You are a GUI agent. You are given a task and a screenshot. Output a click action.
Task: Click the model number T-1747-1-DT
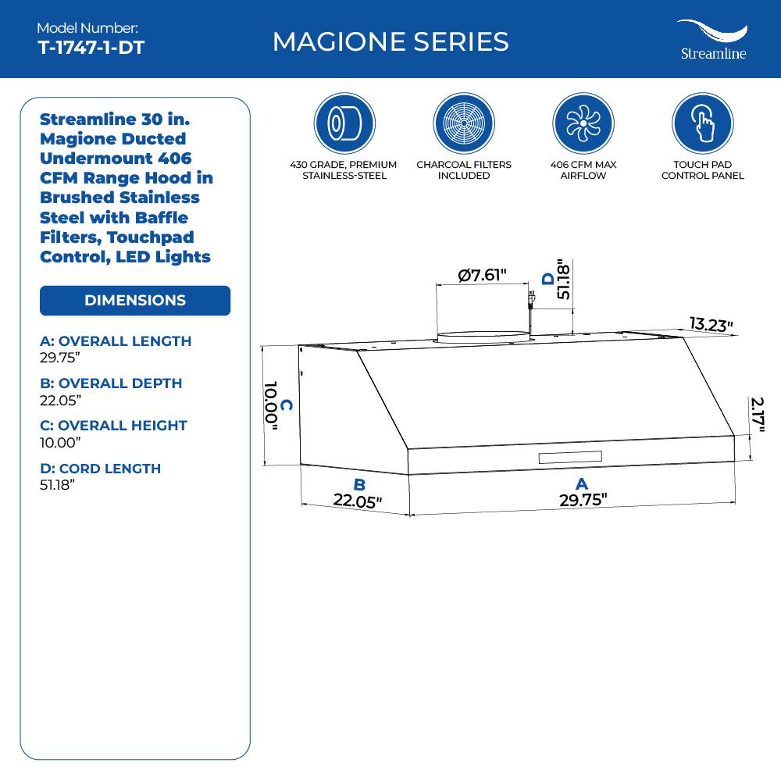[91, 47]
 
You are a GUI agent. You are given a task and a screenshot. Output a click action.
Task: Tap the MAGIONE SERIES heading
[390, 41]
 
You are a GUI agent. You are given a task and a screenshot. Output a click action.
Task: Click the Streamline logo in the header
[712, 40]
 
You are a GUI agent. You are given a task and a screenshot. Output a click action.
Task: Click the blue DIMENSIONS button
[135, 301]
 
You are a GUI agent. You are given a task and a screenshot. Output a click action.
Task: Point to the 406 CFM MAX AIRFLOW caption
[583, 170]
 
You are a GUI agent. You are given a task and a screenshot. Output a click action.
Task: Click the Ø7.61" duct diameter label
[483, 275]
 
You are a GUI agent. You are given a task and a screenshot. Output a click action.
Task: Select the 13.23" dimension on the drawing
[711, 324]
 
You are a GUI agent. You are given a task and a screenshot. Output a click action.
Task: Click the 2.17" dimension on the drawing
[756, 415]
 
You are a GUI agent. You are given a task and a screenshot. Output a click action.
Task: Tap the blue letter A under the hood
[582, 485]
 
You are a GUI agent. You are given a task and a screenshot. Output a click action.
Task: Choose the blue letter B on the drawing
[359, 485]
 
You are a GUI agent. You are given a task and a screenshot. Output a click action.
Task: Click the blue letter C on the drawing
[287, 405]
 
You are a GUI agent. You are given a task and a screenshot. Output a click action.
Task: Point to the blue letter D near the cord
[548, 278]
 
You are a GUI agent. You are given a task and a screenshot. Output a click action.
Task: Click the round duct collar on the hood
[483, 337]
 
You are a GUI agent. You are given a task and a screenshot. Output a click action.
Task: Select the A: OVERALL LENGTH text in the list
[116, 341]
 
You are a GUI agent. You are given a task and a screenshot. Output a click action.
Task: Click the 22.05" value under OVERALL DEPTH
[60, 400]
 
